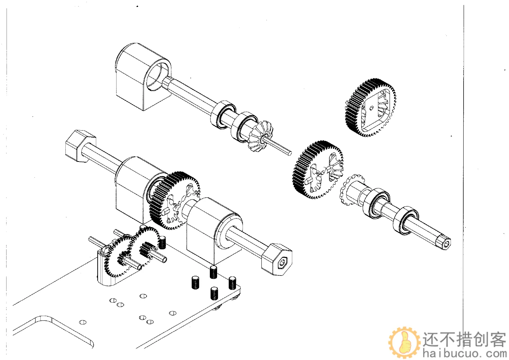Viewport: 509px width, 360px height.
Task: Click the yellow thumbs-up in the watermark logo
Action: (x=404, y=341)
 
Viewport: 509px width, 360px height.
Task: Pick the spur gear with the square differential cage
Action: (x=370, y=108)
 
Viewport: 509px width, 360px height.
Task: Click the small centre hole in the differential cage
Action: (x=372, y=108)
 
